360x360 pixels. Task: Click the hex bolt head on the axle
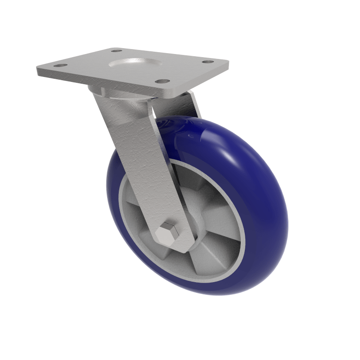(x=168, y=231)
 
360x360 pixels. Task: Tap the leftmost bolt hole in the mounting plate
(x=57, y=66)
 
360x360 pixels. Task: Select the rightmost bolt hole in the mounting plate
(x=207, y=62)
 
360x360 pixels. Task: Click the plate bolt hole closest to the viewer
(x=161, y=82)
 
